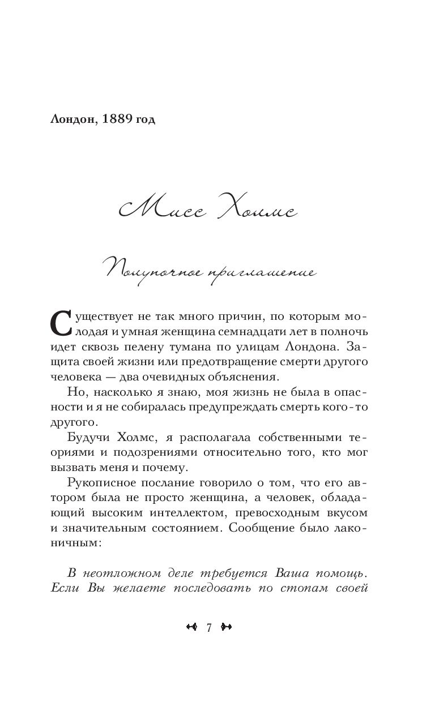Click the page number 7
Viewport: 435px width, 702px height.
tap(210, 627)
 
